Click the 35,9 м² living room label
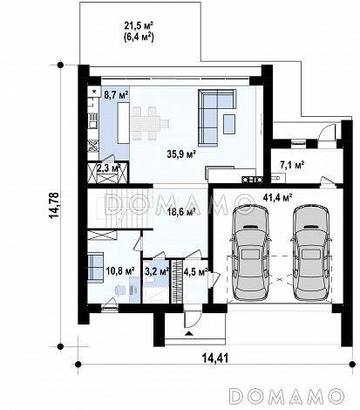181,154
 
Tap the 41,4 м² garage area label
277,198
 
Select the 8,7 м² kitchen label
116,95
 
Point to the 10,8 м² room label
120,271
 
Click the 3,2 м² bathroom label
157,271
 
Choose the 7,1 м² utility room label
292,165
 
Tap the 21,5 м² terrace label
139,25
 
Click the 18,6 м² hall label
180,211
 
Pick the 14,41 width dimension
215,359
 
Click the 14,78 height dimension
54,205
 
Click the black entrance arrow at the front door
189,333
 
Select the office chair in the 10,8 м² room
120,290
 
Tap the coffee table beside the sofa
229,124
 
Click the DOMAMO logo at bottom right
287,395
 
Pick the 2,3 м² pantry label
108,168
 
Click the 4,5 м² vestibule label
195,271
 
